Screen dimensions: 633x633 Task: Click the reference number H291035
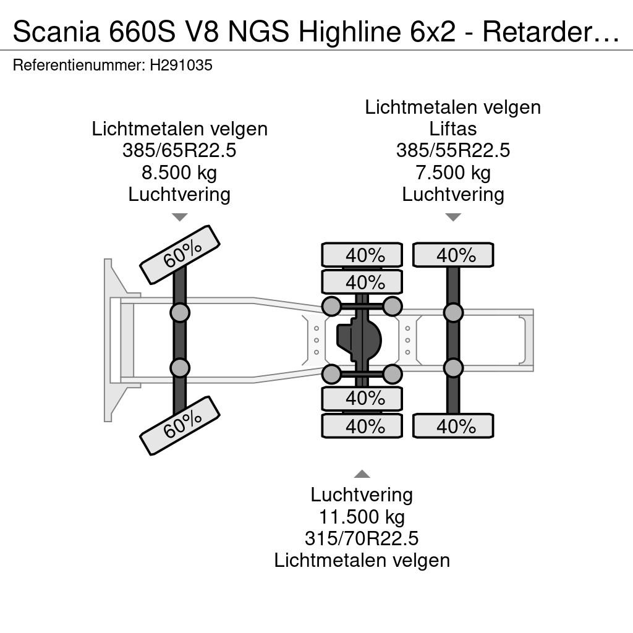click(181, 65)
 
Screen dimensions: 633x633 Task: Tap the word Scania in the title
click(56, 32)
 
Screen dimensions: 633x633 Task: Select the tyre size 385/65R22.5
click(179, 151)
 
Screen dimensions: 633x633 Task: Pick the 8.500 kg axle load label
click(179, 173)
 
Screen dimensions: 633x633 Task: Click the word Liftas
click(453, 129)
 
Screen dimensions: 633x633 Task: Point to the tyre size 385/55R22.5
click(453, 151)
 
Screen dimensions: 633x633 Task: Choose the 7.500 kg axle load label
click(453, 173)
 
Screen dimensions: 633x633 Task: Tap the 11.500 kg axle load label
click(362, 517)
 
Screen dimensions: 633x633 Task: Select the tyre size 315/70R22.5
click(362, 538)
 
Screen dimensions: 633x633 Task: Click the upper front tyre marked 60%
click(180, 255)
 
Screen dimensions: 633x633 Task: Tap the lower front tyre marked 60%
click(180, 426)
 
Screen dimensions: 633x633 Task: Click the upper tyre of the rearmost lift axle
click(453, 255)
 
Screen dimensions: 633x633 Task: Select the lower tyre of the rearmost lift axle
click(453, 426)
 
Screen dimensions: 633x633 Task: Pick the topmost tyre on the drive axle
click(362, 255)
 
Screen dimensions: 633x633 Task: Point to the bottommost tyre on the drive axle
click(362, 426)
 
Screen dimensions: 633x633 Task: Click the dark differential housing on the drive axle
click(359, 340)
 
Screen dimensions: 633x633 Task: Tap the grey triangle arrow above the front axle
click(180, 217)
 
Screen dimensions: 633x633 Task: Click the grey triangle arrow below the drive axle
click(362, 474)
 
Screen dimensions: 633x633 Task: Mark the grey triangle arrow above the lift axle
click(453, 217)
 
